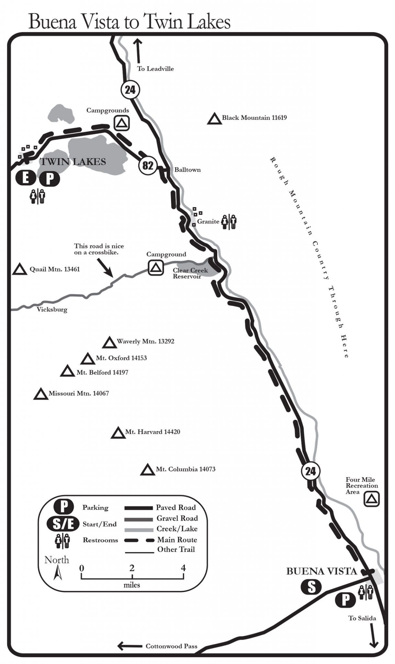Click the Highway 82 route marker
pos(148,165)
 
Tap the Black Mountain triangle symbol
pos(214,119)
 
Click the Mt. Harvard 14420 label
pos(152,432)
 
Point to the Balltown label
pos(187,170)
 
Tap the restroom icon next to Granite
pos(229,222)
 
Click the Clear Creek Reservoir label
pos(190,273)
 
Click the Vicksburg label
pos(52,309)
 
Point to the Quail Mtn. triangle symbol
pos(19,269)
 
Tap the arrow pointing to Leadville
pos(138,51)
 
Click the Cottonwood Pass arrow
pos(130,646)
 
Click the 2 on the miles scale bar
pos(132,568)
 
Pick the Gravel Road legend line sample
pos(139,519)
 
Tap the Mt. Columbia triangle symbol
pos(147,470)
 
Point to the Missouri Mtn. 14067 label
pos(79,393)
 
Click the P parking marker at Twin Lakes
pos(49,178)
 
